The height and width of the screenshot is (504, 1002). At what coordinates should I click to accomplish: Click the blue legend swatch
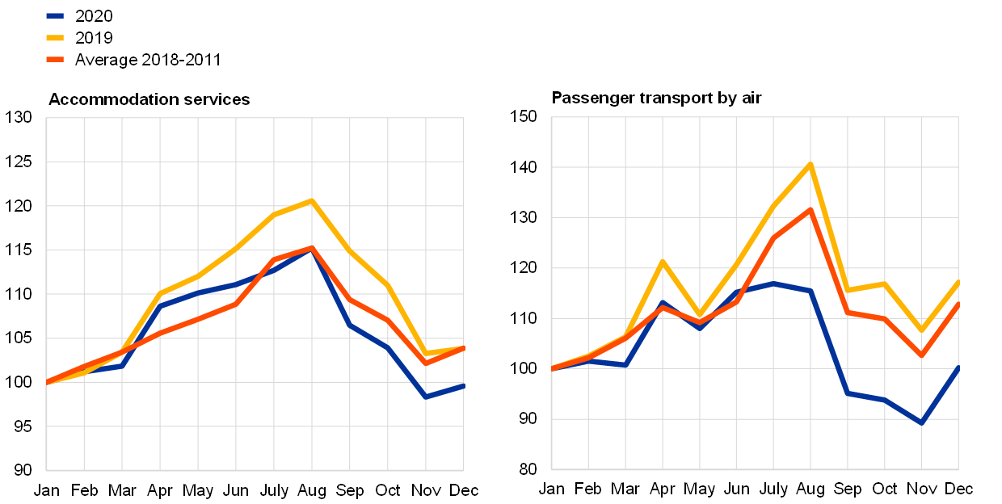(x=55, y=15)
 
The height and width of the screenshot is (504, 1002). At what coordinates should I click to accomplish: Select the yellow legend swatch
(x=55, y=37)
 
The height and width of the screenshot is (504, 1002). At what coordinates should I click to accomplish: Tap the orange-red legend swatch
(x=55, y=59)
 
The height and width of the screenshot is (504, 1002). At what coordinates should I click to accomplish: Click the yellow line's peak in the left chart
(x=311, y=200)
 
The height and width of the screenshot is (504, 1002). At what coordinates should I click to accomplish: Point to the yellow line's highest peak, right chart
(x=810, y=164)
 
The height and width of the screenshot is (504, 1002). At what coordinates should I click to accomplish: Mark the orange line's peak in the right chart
(x=810, y=209)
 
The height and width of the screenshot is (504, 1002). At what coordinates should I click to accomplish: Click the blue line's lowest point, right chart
(x=921, y=422)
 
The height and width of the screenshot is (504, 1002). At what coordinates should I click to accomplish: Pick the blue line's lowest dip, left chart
(x=426, y=397)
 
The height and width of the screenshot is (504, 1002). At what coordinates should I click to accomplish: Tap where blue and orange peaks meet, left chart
(x=311, y=248)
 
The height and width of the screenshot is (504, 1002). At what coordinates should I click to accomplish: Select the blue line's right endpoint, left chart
(x=463, y=385)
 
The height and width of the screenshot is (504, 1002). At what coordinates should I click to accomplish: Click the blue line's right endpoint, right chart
(x=958, y=367)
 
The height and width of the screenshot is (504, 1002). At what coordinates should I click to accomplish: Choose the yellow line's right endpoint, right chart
(x=958, y=282)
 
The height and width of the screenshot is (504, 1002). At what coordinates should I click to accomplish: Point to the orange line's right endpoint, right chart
(x=958, y=304)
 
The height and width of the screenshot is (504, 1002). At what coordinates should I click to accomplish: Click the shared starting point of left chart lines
(x=47, y=381)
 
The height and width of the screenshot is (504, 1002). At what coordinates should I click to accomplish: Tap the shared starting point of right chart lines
(x=552, y=368)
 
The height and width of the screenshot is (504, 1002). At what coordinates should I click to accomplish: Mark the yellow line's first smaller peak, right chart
(x=663, y=262)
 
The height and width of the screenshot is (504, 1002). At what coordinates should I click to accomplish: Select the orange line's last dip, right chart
(x=921, y=355)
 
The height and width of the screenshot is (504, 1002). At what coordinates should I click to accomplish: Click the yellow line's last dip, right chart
(x=921, y=330)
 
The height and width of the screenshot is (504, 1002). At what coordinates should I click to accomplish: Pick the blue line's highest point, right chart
(x=773, y=283)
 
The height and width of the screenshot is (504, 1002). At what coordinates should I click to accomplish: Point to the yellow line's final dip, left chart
(x=426, y=353)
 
